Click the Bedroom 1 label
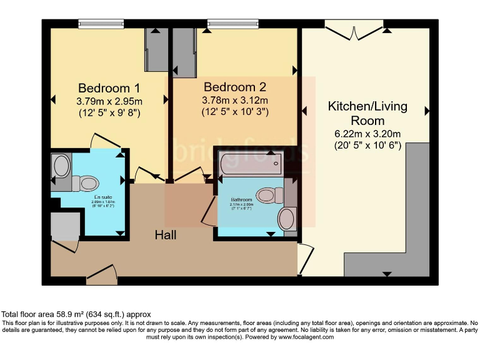(109, 87)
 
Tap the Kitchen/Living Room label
(367, 113)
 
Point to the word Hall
(166, 235)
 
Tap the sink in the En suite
(62, 166)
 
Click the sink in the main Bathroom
(287, 219)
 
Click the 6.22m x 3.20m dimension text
(367, 134)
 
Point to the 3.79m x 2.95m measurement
(109, 101)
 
